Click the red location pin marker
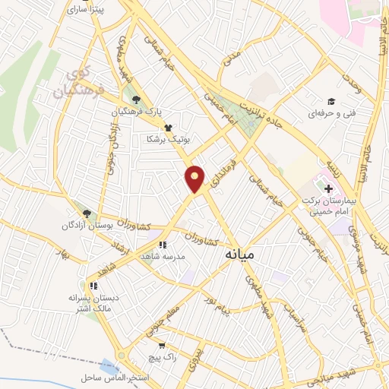coord(195,179)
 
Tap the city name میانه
coord(242,257)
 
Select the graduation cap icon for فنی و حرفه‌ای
coord(331,101)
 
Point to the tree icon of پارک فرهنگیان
coord(135,99)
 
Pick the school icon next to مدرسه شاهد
coord(163,245)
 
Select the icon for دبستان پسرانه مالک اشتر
coord(93,286)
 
